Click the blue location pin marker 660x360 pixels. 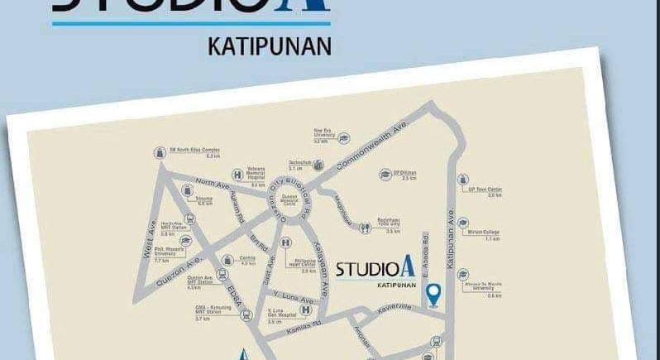pos(432,292)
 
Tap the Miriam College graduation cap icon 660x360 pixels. pos(465,227)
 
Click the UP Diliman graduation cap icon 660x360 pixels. pos(385,175)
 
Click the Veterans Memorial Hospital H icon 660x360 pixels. pos(237,175)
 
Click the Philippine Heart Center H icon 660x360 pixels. pos(285,242)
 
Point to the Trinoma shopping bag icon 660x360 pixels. pos(187,199)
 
